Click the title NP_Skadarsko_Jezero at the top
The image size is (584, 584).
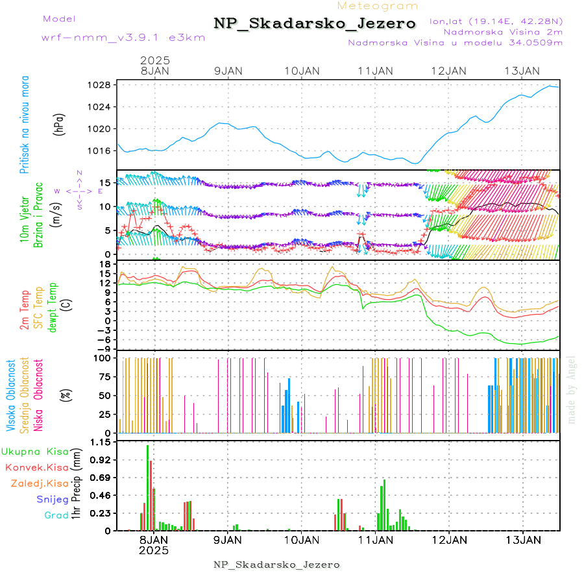pos(315,24)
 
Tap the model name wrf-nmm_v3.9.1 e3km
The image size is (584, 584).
pos(123,38)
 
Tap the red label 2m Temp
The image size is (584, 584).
pos(25,310)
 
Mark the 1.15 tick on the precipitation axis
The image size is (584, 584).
pos(101,442)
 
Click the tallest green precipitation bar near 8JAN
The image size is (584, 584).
pos(147,487)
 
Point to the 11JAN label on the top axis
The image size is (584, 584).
pos(375,71)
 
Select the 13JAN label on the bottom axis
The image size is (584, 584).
pos(523,539)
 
